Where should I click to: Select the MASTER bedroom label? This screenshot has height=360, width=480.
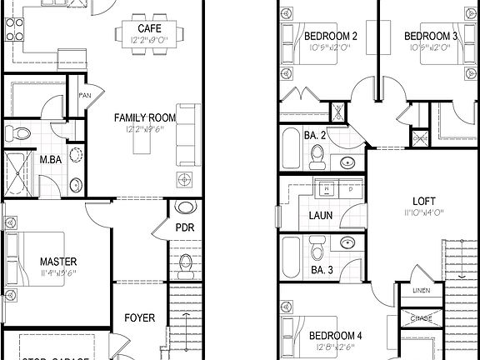pyautogui.click(x=57, y=262)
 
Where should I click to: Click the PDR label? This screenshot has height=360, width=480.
pyautogui.click(x=185, y=227)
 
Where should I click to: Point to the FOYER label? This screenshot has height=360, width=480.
pyautogui.click(x=139, y=317)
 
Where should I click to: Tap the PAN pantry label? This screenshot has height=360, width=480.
pyautogui.click(x=85, y=95)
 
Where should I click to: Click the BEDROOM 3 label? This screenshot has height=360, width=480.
pyautogui.click(x=431, y=37)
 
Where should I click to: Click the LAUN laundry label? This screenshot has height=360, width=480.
pyautogui.click(x=321, y=215)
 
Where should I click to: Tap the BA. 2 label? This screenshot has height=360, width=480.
pyautogui.click(x=292, y=134)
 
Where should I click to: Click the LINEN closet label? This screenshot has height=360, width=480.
pyautogui.click(x=421, y=290)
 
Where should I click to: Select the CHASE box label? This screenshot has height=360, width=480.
pyautogui.click(x=422, y=317)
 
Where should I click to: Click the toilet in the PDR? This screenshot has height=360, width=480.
pyautogui.click(x=185, y=265)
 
